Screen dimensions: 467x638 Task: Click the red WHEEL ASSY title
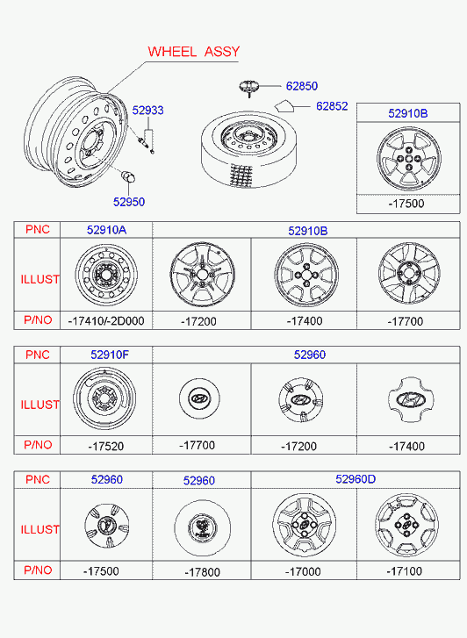pos(194,52)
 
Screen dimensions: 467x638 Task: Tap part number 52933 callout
pos(147,111)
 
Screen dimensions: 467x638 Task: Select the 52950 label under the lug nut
pos(129,202)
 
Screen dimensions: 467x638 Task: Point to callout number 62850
pos(302,86)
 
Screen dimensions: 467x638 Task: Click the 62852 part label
pos(332,106)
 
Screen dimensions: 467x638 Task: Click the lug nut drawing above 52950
pos(128,177)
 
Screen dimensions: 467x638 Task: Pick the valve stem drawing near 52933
pos(144,142)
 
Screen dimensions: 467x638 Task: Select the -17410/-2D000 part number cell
pos(106,321)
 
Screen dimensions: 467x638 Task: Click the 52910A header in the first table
pos(106,230)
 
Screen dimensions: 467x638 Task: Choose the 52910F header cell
pos(110,355)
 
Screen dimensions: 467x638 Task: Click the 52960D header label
pos(356,479)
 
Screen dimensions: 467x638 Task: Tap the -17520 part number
pos(105,447)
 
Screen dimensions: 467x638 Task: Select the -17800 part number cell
pos(202,572)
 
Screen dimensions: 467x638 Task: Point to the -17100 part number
pos(404,571)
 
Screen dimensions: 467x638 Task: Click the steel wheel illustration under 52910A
pos(106,275)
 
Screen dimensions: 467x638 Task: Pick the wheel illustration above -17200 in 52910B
pos(202,275)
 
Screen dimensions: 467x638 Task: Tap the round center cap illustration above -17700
pos(199,398)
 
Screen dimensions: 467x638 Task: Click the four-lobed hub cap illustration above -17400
pos(411,399)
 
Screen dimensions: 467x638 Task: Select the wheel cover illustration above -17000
pos(304,526)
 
